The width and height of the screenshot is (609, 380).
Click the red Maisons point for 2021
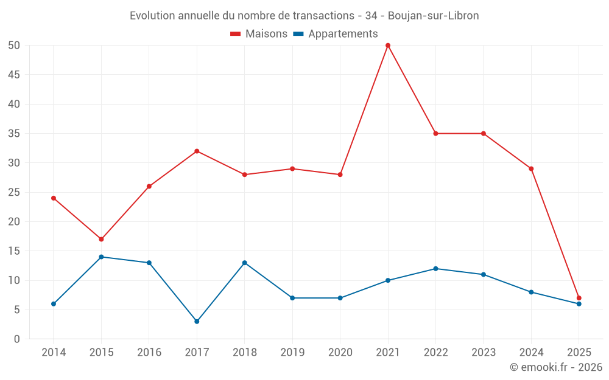coord(388,46)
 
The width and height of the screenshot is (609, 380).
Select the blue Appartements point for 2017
coord(197,322)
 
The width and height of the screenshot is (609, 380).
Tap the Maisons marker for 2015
coord(101,239)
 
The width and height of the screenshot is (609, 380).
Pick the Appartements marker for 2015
coord(101,257)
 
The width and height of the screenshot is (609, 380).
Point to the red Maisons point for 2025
coord(579,298)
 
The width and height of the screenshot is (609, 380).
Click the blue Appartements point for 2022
coord(435,269)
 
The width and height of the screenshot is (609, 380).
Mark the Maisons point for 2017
coord(197,151)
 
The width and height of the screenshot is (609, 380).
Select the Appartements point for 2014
coord(54,304)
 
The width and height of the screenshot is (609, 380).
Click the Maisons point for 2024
coord(531,168)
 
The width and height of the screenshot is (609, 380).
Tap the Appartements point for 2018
coord(244,263)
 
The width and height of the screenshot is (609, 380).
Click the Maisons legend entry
coord(259,34)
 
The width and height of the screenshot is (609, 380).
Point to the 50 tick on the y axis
coord(14,46)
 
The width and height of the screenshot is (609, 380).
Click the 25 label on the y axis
coord(14,192)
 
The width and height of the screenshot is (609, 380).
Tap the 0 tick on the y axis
coord(17,339)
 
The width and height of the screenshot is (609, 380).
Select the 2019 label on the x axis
coord(292,353)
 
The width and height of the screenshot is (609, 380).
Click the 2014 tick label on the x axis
coord(54,353)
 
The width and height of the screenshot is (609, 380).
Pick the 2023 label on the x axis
coord(484,353)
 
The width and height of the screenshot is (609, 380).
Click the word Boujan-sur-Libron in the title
coord(433,16)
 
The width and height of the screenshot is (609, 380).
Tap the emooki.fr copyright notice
coord(555,367)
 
